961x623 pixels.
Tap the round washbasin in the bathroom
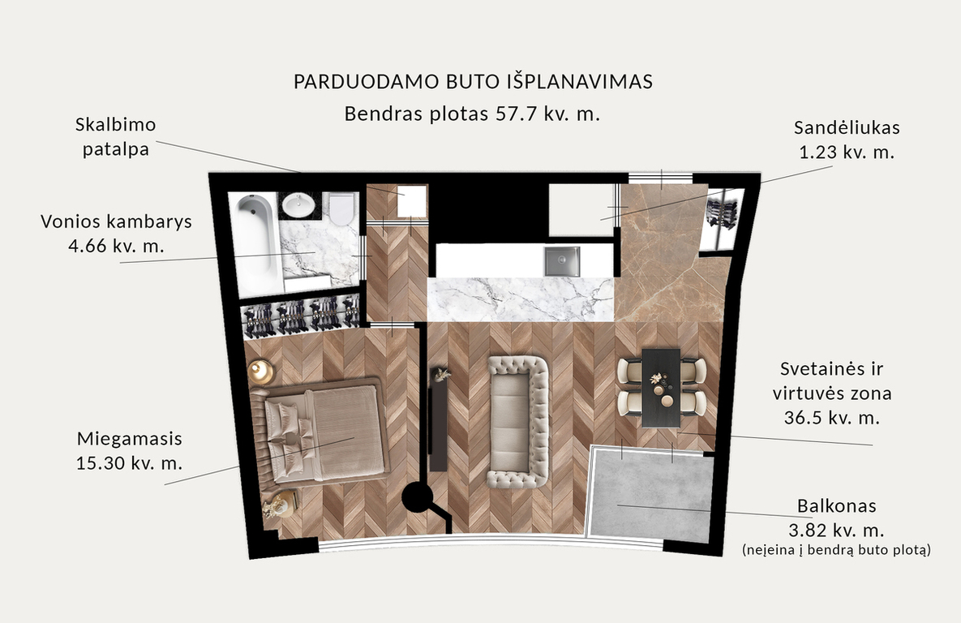point(298,204)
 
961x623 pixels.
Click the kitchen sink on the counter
point(561,261)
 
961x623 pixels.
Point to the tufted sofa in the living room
point(518,422)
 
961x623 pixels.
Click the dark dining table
point(661,388)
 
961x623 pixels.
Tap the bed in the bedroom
point(320,433)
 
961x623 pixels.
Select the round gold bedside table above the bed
point(261,372)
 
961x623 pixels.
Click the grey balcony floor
point(651,496)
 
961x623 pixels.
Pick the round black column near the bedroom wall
point(418,496)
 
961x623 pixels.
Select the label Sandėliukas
point(847,127)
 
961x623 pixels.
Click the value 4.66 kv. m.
point(117,246)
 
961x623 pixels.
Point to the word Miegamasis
point(129,439)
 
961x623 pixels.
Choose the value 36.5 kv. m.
point(832,418)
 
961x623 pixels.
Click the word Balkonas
point(837,506)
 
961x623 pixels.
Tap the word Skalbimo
point(116,124)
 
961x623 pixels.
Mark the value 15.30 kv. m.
point(129,463)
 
